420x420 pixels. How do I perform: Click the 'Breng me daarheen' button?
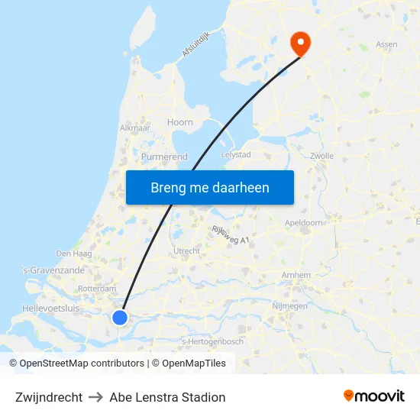point(210,187)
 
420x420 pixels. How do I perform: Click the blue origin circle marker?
point(120,317)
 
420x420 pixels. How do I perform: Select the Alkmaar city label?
point(135,128)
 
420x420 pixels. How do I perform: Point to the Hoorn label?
point(180,122)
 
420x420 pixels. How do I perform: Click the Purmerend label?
point(164,157)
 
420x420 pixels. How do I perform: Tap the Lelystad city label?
point(235,154)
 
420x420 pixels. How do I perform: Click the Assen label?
point(386,44)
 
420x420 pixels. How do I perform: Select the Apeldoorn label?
point(303,222)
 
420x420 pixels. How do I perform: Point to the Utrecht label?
point(187,250)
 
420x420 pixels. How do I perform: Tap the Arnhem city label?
point(296,275)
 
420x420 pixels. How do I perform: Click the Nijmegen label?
point(289,305)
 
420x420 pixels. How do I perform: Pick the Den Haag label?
point(74,254)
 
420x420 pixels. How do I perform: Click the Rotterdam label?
point(97,289)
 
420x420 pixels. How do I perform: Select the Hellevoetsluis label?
point(50,308)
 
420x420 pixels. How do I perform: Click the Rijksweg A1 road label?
point(230,234)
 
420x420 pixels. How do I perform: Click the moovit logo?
point(374,396)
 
